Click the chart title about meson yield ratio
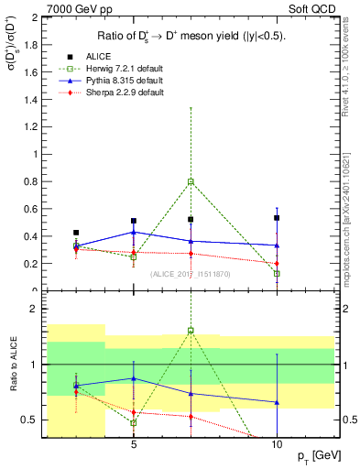pos(191,36)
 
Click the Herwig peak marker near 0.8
pos(191,181)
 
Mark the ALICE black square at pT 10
pos(277,218)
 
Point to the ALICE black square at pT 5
pos(134,221)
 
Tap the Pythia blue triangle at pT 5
pos(134,232)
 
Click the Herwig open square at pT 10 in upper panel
pos(277,273)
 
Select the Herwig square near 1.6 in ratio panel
pos(191,331)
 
